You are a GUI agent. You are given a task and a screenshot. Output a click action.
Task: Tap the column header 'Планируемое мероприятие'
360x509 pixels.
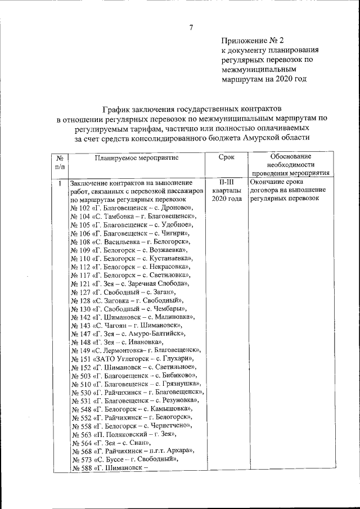(137, 158)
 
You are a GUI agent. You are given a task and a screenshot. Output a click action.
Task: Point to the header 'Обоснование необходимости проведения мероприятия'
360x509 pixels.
(291, 165)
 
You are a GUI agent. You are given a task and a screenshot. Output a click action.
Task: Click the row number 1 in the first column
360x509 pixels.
(60, 182)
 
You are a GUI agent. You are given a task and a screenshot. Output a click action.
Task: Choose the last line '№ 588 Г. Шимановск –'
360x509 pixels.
(109, 468)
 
